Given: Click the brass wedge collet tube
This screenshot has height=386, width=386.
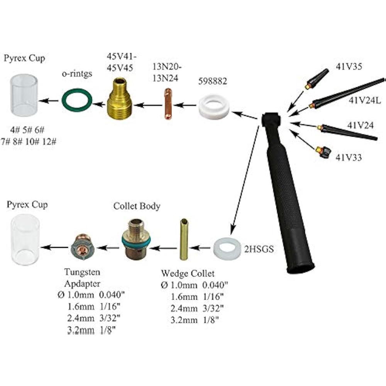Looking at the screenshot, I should point(183,239).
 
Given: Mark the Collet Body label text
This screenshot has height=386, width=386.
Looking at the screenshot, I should point(137,207).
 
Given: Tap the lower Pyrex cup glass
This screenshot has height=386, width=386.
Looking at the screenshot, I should point(25,237).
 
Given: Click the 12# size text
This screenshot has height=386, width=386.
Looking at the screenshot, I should point(49,142).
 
